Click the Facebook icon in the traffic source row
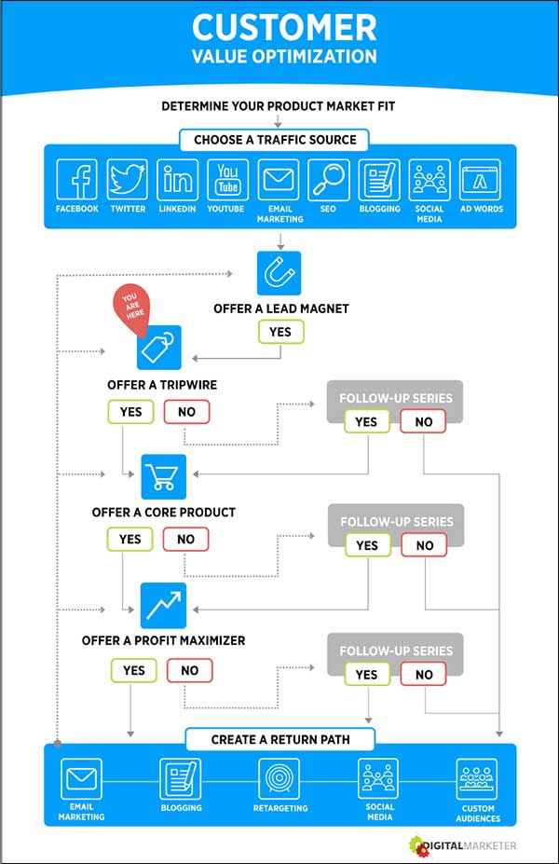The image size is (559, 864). pos(76,179)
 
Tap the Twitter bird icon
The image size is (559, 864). pos(127,179)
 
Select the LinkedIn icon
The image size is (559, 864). pos(177,179)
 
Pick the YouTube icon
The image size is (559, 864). pos(227,179)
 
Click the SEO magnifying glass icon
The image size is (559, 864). pos(328,179)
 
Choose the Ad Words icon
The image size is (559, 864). pos(480,179)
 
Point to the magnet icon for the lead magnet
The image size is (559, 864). pos(279,273)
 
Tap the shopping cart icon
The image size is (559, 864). pos(164,476)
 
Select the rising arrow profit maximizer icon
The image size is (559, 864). pos(164,604)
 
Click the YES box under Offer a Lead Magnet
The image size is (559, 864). pos(279,332)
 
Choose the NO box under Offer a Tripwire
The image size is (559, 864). pos(186,411)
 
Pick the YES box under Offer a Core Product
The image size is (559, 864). pos(130,539)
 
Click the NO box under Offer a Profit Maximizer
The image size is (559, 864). pos(190,669)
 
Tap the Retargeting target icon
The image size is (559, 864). pos(279,777)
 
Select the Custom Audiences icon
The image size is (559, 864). pos(478,777)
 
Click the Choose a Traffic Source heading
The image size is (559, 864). pos(275,141)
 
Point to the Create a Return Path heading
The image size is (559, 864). pos(279,740)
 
